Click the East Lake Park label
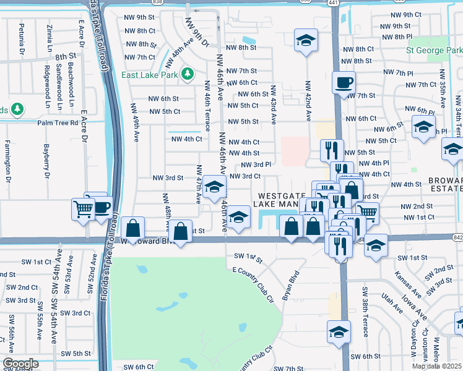[x=150, y=75]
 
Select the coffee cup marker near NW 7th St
[x=344, y=83]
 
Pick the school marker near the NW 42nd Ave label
[x=306, y=41]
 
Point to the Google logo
[x=20, y=364]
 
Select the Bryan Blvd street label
[x=291, y=285]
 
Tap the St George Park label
[x=434, y=50]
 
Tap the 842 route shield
[x=458, y=237]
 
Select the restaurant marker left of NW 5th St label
[x=332, y=150]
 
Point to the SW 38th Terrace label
[x=366, y=312]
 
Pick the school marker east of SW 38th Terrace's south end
[x=339, y=332]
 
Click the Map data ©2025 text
[x=436, y=366]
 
